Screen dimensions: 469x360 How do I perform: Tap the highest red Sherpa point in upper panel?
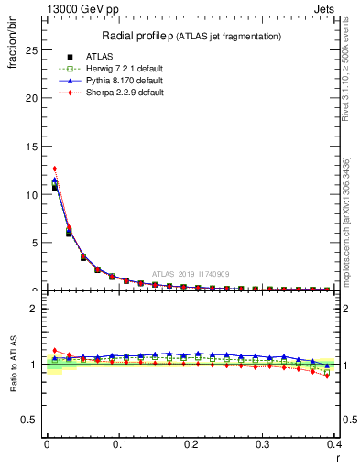55,169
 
